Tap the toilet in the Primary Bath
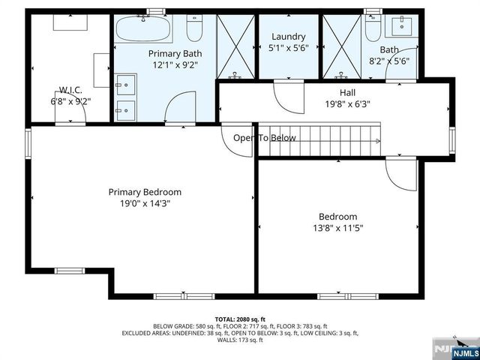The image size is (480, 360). [194, 28]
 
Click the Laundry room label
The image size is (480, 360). [289, 37]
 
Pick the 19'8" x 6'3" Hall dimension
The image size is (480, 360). [347, 105]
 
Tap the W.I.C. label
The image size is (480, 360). [66, 89]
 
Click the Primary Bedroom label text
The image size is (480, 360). [145, 192]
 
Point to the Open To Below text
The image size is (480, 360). [264, 138]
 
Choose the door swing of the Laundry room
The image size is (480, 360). [287, 94]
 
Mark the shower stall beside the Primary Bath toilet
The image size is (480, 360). [235, 46]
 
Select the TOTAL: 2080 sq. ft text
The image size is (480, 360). [240, 319]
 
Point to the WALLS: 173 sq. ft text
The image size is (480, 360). [240, 340]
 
